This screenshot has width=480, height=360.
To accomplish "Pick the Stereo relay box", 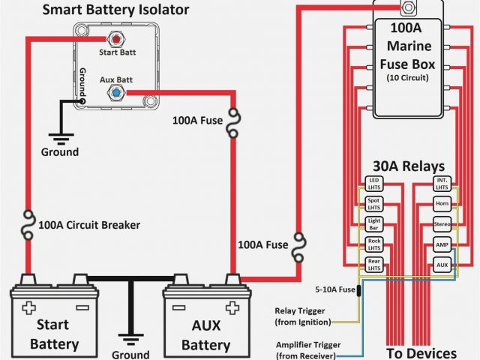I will pos(442,223).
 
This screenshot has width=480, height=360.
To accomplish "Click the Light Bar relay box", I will pos(373,223).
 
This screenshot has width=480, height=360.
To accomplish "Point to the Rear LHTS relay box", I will pos(373,263).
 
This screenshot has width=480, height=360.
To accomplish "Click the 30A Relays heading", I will pos(408,166).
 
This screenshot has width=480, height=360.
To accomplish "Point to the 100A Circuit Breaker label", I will pos(88,224).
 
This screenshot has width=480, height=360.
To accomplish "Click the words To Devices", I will pos(421,352).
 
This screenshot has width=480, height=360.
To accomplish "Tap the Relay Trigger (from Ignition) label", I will pos(303,316).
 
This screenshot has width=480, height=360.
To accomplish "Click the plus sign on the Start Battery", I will pos(29,307).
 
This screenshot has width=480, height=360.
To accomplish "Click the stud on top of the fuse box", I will pos(408,9).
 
